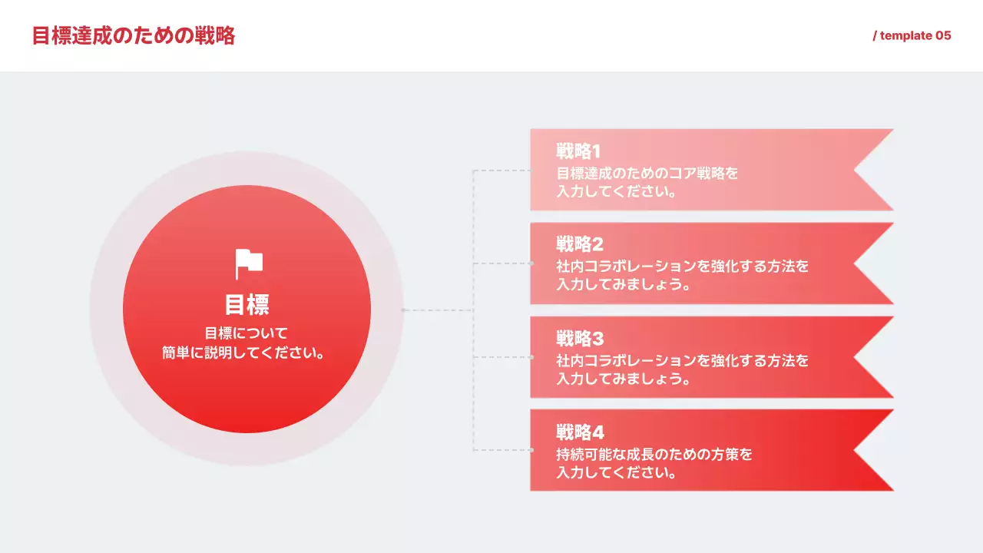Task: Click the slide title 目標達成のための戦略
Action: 134,36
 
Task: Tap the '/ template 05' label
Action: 912,36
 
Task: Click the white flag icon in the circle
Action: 249,264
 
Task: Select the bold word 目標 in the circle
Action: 247,305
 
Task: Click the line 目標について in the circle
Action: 247,333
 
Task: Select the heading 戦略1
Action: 578,151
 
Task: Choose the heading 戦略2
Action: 580,245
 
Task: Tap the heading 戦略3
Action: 580,339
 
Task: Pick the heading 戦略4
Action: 580,432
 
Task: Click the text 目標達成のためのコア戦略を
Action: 647,173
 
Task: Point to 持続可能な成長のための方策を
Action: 654,454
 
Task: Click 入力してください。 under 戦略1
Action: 617,192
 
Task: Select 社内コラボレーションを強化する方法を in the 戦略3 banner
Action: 682,360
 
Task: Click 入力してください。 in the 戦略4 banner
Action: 617,473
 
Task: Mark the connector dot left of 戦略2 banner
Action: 531,263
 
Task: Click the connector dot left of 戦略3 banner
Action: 531,357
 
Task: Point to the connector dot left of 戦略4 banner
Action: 531,450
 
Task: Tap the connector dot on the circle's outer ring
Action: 403,310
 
